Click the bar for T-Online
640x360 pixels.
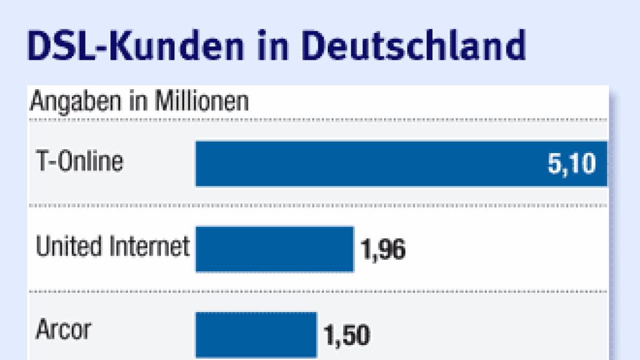coord(361,163)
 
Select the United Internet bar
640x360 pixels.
coord(275,249)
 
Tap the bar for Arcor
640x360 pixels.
coord(256,334)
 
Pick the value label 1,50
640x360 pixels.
coord(346,336)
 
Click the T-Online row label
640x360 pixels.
coord(79,161)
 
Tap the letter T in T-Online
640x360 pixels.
coord(41,161)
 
